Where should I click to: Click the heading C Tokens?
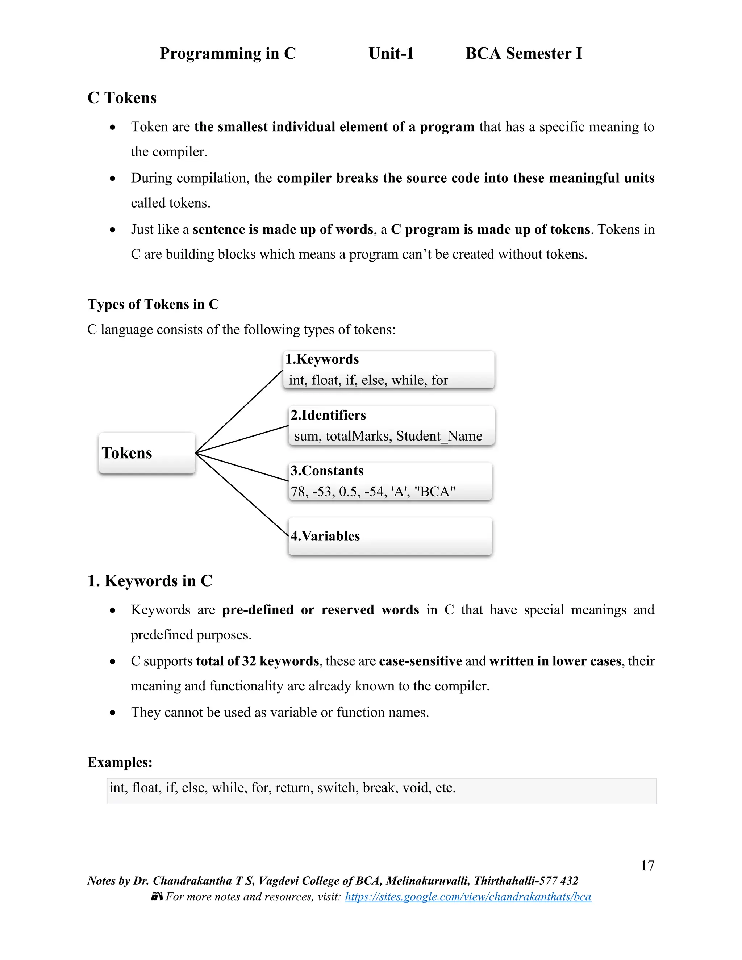tap(122, 97)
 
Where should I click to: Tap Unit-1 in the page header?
tap(391, 53)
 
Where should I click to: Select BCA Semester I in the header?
tap(524, 53)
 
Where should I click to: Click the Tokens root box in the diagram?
tap(147, 453)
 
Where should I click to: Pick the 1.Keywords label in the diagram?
tap(322, 359)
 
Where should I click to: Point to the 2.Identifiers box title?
tap(328, 415)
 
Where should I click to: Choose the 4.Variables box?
tap(390, 536)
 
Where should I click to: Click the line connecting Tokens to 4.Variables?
tap(242, 494)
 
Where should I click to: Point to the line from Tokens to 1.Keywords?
tap(239, 412)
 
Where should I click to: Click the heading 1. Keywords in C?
tap(150, 581)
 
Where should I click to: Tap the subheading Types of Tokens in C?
tap(153, 304)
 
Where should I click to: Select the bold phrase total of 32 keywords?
tap(257, 661)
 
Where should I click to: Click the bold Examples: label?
tap(120, 762)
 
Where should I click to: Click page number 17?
tap(647, 865)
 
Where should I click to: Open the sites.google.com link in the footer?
tap(468, 897)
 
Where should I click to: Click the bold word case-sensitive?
tap(420, 661)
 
